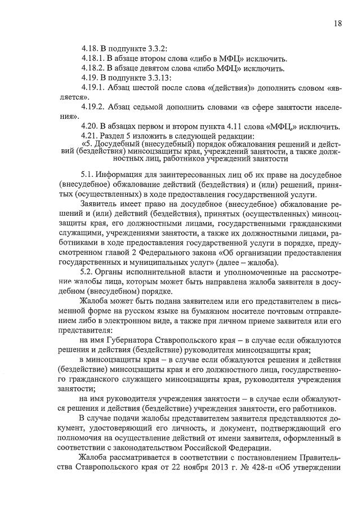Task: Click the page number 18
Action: coord(337,24)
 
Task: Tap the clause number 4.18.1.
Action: coord(94,59)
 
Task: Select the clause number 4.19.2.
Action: coord(94,107)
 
